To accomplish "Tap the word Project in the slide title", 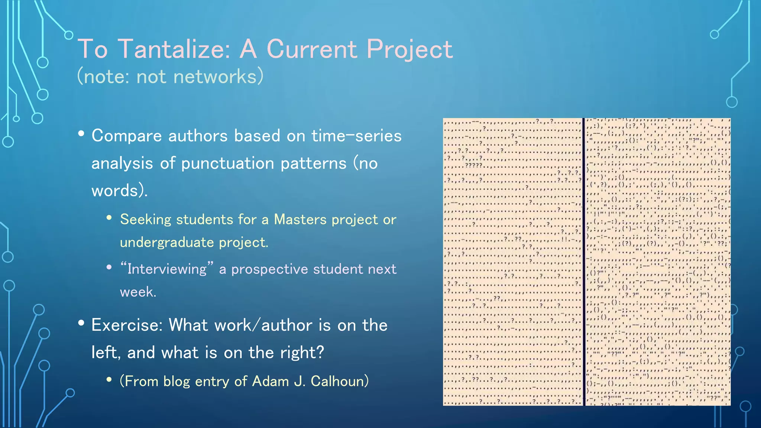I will tap(409, 49).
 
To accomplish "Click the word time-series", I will tap(356, 136).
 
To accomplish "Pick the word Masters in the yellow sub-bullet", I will tap(300, 220).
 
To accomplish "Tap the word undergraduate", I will tap(167, 243).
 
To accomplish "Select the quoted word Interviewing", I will tap(167, 269).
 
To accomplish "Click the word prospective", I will tap(269, 269).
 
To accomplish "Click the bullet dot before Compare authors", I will tap(81, 134).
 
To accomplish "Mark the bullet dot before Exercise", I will tap(81, 323).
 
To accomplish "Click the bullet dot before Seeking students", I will tap(109, 218).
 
